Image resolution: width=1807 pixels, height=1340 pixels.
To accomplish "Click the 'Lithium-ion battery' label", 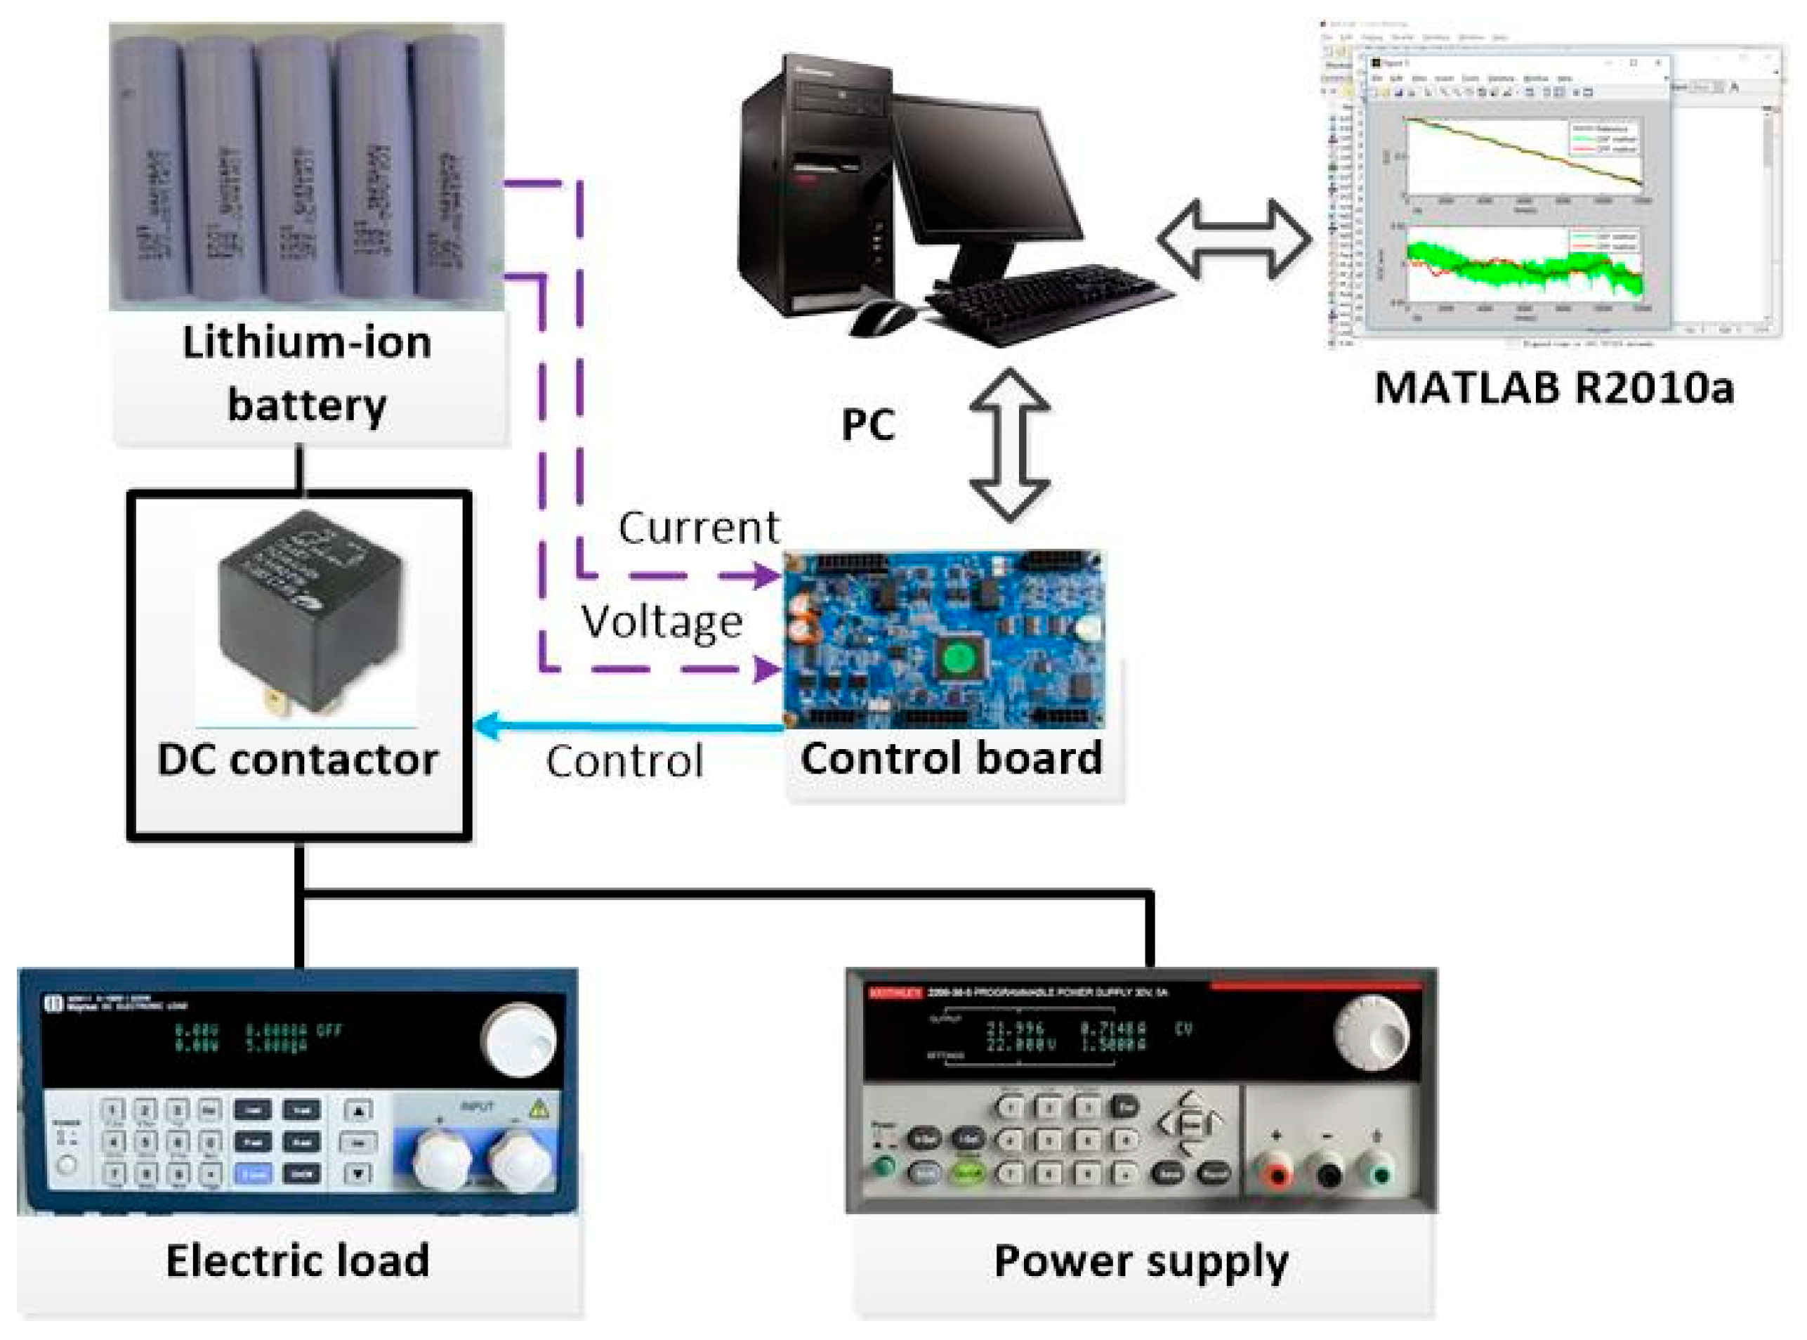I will pos(305,374).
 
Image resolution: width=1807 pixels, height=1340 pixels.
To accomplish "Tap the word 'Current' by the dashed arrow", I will pos(698,528).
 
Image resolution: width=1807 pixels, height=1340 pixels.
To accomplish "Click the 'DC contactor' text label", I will pos(298,760).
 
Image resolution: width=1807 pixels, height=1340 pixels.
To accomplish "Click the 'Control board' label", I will pos(952,758).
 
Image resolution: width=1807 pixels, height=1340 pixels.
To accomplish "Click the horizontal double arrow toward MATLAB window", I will pos(1234,240).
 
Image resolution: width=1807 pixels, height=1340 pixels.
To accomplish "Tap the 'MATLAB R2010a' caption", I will pos(1554,388).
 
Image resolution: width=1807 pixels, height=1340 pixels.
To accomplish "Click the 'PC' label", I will pos(867,424).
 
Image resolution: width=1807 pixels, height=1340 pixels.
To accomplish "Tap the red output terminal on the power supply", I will pos(1277,1175).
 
